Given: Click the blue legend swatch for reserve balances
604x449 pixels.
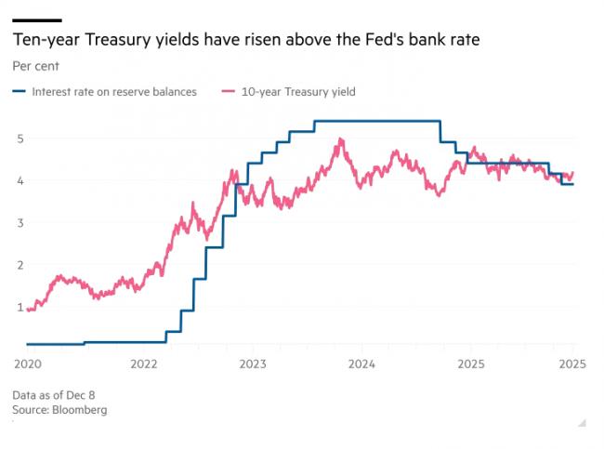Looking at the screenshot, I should point(20,92).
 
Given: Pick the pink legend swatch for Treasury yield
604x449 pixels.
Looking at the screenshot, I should point(229,92).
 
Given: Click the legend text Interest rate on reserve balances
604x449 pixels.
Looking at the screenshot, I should point(113,92).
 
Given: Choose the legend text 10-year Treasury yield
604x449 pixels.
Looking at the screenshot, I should point(298,92).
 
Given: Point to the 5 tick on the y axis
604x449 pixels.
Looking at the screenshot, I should point(19,139).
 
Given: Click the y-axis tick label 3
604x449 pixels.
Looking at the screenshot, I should point(19,223).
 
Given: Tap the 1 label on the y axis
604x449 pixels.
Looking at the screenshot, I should point(19,307).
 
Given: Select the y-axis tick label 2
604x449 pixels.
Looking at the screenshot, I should point(19,265).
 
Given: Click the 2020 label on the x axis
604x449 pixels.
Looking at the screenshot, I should point(29,363).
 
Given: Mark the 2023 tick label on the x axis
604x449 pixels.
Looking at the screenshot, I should point(251,363).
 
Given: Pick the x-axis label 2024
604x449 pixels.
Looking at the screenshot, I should point(361,363).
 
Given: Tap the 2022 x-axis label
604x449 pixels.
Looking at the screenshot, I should point(140,363).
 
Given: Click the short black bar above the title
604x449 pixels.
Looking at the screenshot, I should point(37,19).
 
